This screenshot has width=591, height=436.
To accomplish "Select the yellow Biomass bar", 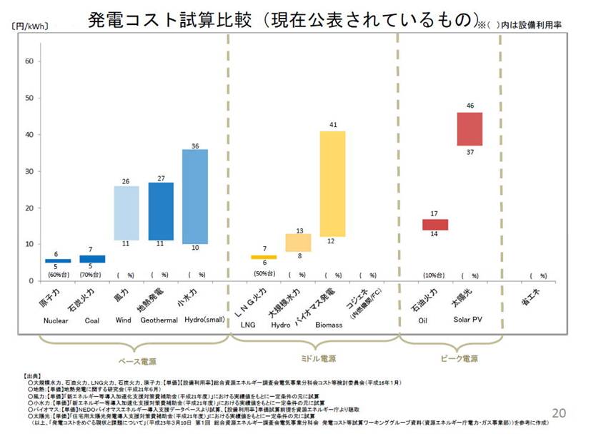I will [x=332, y=183].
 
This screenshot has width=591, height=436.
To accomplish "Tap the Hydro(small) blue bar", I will [x=194, y=196].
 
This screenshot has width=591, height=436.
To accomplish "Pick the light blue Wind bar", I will [x=126, y=213].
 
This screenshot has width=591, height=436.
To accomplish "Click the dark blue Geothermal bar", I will [x=161, y=211].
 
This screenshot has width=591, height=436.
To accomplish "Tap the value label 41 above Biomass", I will [x=333, y=125].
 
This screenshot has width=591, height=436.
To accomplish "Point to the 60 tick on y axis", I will [x=29, y=61].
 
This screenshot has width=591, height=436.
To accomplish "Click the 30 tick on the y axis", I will [x=29, y=171].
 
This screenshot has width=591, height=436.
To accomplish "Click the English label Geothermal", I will [x=159, y=320].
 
